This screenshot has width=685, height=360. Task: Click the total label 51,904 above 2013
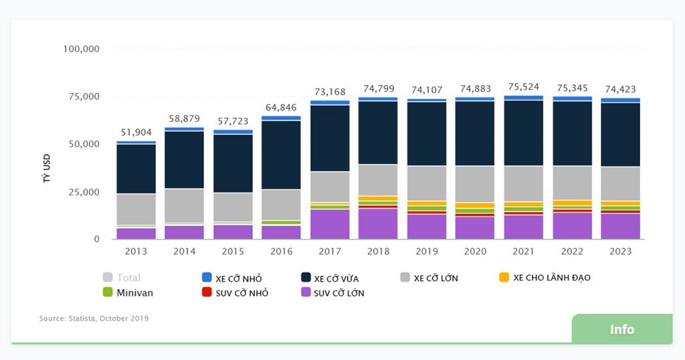pyautogui.click(x=136, y=132)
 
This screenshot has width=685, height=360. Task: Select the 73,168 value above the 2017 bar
pyautogui.click(x=329, y=92)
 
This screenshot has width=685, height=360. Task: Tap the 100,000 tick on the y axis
pyautogui.click(x=81, y=49)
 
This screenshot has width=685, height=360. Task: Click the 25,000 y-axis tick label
pyautogui.click(x=84, y=192)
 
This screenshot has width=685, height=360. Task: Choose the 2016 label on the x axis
pyautogui.click(x=281, y=252)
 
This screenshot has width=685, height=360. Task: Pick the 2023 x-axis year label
pyautogui.click(x=620, y=252)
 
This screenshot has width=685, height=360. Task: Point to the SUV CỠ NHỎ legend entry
pyautogui.click(x=235, y=293)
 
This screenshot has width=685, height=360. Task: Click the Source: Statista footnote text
pyautogui.click(x=94, y=319)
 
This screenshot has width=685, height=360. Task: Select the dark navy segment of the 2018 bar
pyautogui.click(x=378, y=132)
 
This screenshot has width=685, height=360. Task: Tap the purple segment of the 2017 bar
pyautogui.click(x=329, y=224)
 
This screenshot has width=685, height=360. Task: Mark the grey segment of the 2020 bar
pyautogui.click(x=474, y=184)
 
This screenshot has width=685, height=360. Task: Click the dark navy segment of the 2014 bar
pyautogui.click(x=184, y=160)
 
